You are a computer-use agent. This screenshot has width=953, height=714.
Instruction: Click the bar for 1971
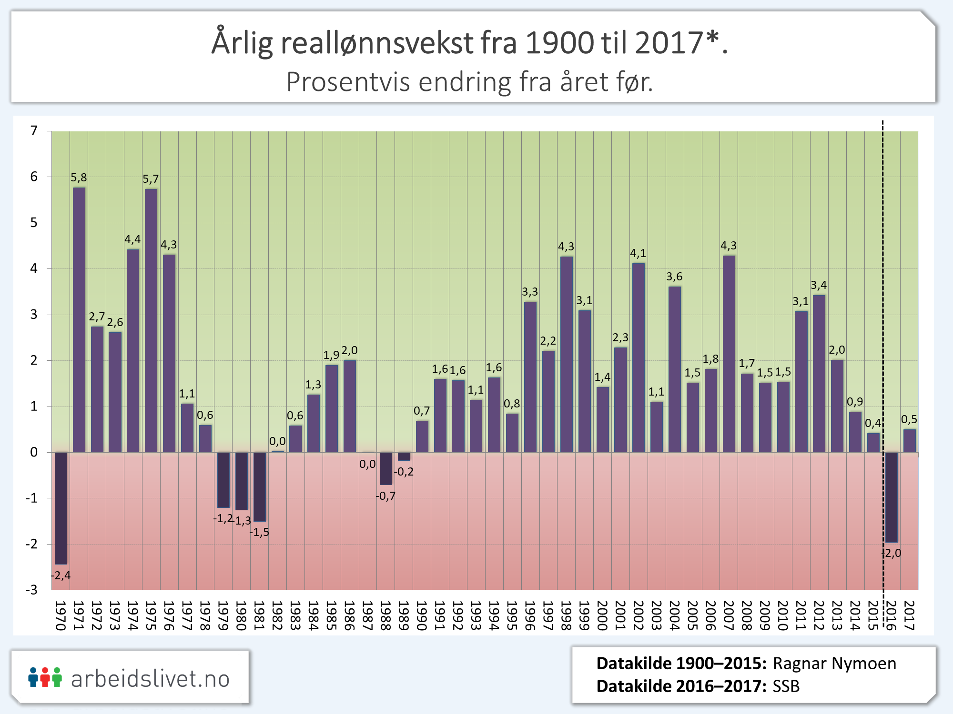pyautogui.click(x=79, y=320)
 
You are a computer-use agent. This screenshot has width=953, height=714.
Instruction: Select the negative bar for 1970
pyautogui.click(x=61, y=508)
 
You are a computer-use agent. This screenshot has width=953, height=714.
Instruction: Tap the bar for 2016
pyautogui.click(x=892, y=497)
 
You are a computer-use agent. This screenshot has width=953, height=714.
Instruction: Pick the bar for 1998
pyautogui.click(x=567, y=355)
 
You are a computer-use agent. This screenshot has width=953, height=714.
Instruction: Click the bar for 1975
pyautogui.click(x=151, y=320)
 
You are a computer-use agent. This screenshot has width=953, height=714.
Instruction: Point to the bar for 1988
pyautogui.click(x=386, y=468)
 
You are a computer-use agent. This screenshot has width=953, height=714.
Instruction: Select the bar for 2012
pyautogui.click(x=819, y=374)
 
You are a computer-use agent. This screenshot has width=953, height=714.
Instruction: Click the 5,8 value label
pyautogui.click(x=79, y=178)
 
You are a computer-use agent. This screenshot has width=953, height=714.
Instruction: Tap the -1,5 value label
pyautogui.click(x=259, y=532)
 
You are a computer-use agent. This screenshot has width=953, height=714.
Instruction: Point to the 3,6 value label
pyautogui.click(x=674, y=277)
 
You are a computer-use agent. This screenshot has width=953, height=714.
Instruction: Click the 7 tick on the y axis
pyautogui.click(x=34, y=131)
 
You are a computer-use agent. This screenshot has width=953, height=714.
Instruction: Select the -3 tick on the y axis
pyautogui.click(x=31, y=590)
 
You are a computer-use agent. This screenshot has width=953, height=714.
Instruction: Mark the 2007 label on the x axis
pyautogui.click(x=729, y=615)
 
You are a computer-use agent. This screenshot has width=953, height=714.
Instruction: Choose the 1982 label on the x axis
pyautogui.click(x=277, y=615)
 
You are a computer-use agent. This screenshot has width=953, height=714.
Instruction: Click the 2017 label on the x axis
pyautogui.click(x=909, y=615)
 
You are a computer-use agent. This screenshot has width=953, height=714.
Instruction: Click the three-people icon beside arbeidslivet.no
pyautogui.click(x=45, y=677)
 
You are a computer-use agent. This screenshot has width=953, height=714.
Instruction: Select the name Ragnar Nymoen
pyautogui.click(x=834, y=664)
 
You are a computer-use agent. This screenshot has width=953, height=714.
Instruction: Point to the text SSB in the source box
pyautogui.click(x=786, y=686)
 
